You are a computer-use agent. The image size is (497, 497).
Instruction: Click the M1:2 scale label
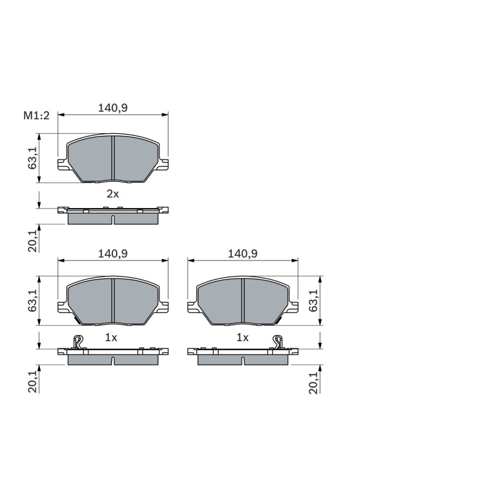pyautogui.click(x=36, y=116)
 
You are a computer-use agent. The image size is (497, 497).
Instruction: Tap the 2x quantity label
pyautogui.click(x=112, y=194)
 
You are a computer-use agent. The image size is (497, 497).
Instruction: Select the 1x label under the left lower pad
pyautogui.click(x=111, y=338)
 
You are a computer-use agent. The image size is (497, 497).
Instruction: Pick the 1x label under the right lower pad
pyautogui.click(x=242, y=338)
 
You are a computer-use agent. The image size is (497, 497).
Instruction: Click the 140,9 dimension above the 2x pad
pyautogui.click(x=112, y=108)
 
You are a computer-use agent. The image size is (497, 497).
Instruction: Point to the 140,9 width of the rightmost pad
pyautogui.click(x=243, y=254)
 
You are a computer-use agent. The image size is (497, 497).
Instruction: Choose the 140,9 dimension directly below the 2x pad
pyautogui.click(x=112, y=254)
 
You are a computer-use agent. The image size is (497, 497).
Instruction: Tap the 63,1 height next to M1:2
pyautogui.click(x=33, y=158)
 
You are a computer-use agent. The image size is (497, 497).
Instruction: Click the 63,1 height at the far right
pyautogui.click(x=313, y=300)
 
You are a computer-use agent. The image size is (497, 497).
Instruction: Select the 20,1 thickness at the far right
pyautogui.click(x=313, y=383)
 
